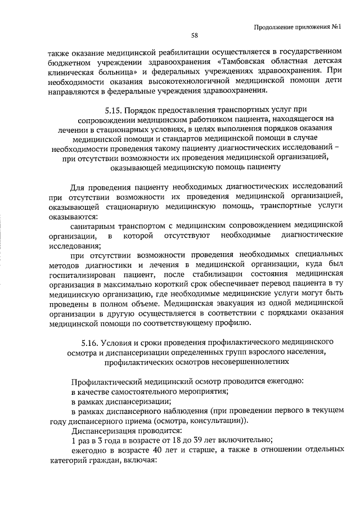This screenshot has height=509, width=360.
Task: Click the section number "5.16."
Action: pos(93,342)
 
